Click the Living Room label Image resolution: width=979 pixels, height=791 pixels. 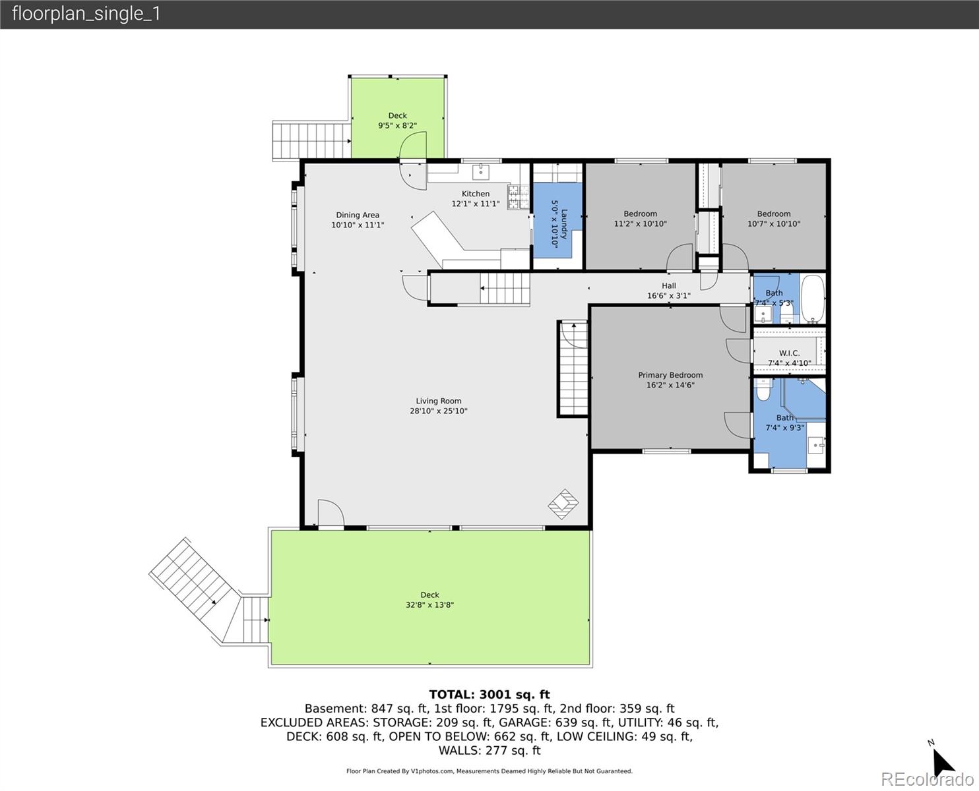click(438, 401)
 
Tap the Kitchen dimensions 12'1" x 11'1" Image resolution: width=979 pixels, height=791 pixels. click(475, 204)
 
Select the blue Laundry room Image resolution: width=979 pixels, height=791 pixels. click(557, 224)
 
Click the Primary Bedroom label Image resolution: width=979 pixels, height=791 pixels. click(670, 375)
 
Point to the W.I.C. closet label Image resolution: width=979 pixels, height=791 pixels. click(789, 353)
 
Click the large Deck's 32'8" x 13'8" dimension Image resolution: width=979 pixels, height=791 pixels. click(429, 605)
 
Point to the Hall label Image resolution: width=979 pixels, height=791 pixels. click(669, 286)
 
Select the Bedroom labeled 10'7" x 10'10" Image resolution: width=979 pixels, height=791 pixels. click(773, 218)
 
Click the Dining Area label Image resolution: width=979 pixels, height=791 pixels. click(358, 215)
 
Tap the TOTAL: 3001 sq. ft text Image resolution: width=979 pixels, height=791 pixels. click(489, 694)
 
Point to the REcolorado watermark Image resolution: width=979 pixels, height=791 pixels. click(926, 779)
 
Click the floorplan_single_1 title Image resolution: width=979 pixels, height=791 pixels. click(86, 14)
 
